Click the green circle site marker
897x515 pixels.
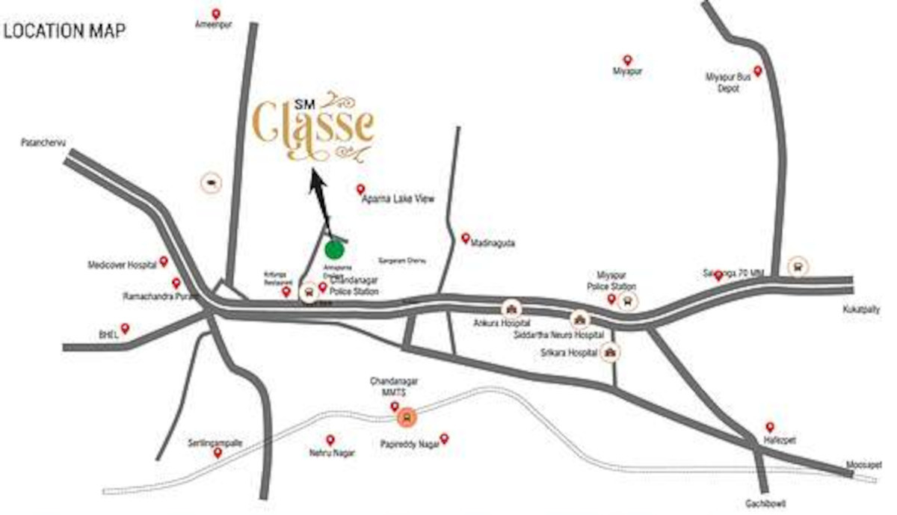pos(335,250)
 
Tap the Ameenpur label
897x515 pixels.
pos(210,25)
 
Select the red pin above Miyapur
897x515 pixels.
pos(627,60)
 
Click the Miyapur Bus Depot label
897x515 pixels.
pos(723,82)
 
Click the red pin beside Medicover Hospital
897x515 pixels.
pos(164,262)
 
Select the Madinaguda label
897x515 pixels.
pos(494,244)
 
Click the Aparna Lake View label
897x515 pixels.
pos(398,199)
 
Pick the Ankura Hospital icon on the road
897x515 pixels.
pos(511,308)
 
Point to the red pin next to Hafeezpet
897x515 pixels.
pos(770,427)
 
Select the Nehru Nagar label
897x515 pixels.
pos(330,453)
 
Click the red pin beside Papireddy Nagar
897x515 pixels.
pos(444,438)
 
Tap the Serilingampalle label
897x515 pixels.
pos(215,442)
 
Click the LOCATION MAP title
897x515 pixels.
pos(64,31)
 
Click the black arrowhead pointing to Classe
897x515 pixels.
pos(316,182)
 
